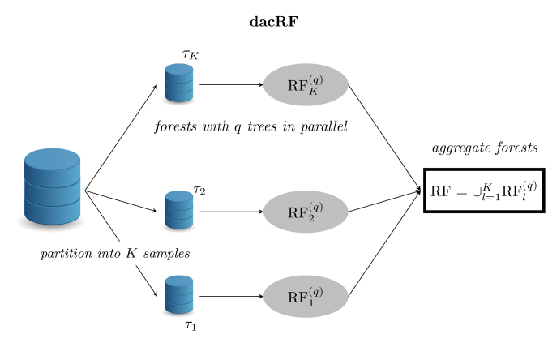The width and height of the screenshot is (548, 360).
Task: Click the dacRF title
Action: (x=274, y=22)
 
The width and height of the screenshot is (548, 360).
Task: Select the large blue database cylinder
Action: (x=53, y=186)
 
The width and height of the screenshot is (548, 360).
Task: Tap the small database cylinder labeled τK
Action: (x=179, y=83)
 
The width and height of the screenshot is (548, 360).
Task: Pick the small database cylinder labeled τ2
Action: (x=179, y=210)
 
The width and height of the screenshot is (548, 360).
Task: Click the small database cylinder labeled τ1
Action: (x=179, y=294)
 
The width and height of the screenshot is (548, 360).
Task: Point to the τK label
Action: (x=191, y=54)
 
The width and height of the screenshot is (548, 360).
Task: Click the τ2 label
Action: (x=199, y=190)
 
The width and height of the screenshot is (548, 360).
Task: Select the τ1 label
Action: (x=191, y=325)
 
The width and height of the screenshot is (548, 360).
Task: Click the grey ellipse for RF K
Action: (x=306, y=84)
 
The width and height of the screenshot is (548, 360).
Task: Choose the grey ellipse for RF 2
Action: (x=306, y=212)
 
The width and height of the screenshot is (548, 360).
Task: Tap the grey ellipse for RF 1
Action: (x=306, y=297)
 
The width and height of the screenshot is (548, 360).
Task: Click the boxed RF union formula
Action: (x=485, y=191)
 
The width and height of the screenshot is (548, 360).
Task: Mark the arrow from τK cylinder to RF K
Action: (x=231, y=84)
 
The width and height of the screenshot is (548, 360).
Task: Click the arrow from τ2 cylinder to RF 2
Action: (x=231, y=212)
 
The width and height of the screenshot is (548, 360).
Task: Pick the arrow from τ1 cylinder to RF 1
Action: (x=231, y=297)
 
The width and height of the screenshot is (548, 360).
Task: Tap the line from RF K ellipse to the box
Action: (x=384, y=138)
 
